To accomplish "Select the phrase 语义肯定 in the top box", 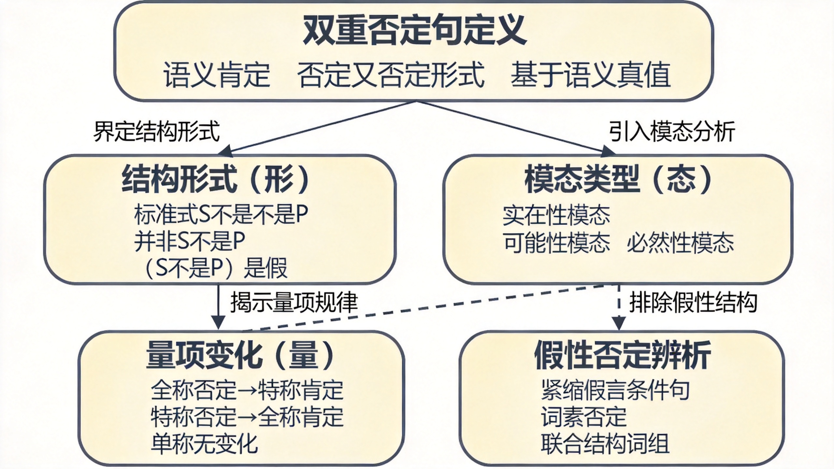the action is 217,75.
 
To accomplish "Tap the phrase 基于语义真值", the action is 590,75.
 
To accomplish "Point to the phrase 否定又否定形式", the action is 391,75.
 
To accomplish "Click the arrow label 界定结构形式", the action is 157,131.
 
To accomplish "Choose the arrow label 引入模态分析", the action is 672,131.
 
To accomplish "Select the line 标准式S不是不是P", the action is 221,214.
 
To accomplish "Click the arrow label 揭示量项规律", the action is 294,302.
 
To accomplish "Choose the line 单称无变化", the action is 205,443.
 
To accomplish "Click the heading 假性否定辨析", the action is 623,355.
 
